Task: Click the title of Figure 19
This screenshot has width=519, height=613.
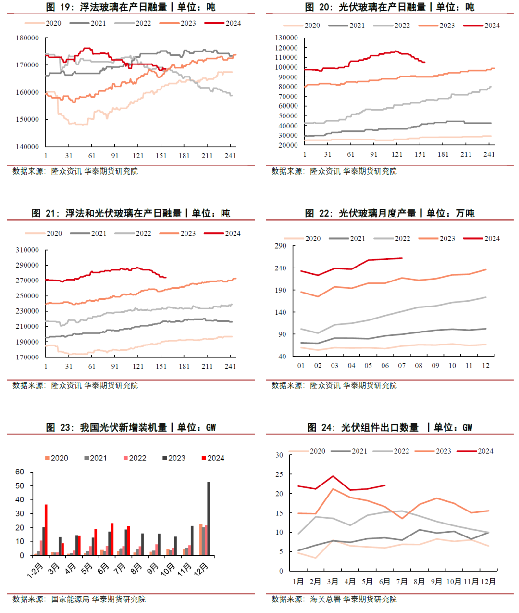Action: pos(131,7)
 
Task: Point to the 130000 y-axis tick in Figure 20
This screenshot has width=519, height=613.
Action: pos(286,38)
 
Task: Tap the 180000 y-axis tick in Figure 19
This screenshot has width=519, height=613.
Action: pos(27,38)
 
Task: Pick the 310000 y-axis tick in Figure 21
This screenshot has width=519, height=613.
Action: pos(27,250)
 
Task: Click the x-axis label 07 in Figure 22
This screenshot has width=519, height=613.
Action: pos(402,366)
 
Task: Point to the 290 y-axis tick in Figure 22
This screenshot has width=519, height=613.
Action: pos(280,246)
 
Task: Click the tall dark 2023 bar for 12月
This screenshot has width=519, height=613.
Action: pos(209,519)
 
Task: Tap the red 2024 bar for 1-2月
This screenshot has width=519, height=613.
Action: pos(46,530)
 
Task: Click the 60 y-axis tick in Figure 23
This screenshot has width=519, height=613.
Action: pos(20,472)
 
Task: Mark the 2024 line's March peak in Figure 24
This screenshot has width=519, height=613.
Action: pos(333,476)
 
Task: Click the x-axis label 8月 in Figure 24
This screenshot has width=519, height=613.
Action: pos(419,582)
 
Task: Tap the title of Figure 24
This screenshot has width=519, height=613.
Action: pos(390,427)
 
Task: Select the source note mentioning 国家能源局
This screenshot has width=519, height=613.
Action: pos(79,600)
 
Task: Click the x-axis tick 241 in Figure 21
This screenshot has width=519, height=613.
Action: pos(230,367)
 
